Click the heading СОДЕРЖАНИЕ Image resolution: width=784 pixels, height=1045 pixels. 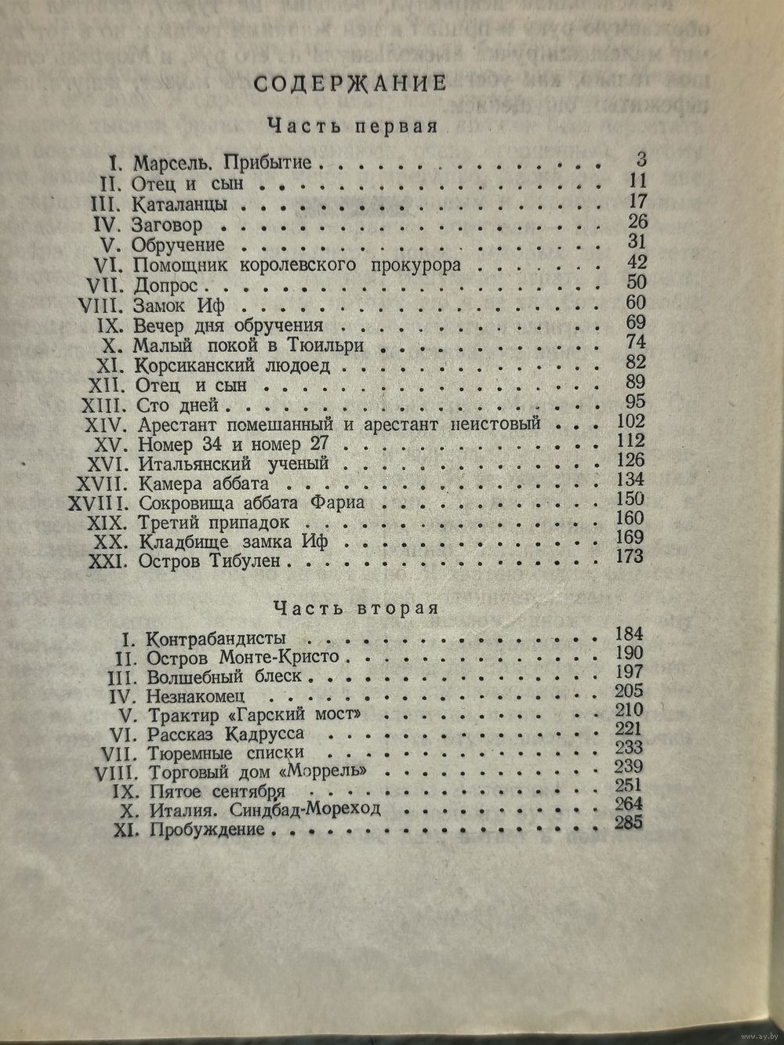click(x=350, y=83)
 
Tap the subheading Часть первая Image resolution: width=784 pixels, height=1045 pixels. click(x=351, y=125)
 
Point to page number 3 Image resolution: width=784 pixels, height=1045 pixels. click(x=641, y=161)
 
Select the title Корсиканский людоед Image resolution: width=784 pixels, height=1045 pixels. click(x=232, y=365)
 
